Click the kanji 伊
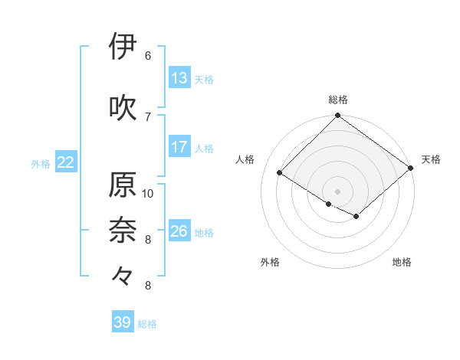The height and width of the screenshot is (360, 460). [123, 47]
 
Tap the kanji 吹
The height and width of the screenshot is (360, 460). [123, 107]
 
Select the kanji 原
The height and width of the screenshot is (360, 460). [123, 185]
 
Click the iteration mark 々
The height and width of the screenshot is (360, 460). [123, 275]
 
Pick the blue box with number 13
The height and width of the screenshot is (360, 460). [179, 77]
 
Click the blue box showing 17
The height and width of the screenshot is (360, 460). [179, 147]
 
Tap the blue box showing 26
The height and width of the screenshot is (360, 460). [179, 231]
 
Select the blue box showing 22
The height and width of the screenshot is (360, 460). [66, 162]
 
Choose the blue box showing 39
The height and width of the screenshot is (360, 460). [123, 322]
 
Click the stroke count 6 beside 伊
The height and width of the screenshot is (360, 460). [148, 56]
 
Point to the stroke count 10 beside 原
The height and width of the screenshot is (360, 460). [148, 193]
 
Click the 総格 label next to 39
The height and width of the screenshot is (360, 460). [147, 323]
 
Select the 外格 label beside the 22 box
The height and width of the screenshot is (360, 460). [41, 163]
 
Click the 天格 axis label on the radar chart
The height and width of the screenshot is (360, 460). [432, 159]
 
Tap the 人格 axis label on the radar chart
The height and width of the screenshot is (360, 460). [245, 159]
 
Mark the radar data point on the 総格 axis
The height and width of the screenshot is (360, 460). [337, 116]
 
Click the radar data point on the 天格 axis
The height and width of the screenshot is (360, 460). [411, 168]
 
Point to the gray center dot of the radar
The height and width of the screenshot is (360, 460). [337, 190]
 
